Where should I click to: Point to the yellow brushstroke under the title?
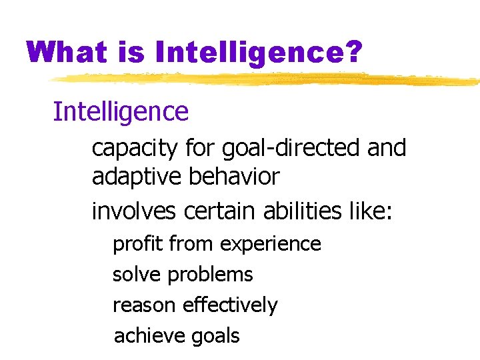tap(267, 80)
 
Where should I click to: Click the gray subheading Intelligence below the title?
tap(121, 111)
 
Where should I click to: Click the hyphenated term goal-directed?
tap(274, 147)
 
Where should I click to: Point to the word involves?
tap(133, 211)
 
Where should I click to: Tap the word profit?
tap(138, 244)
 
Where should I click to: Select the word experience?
tap(271, 245)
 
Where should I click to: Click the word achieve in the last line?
tap(148, 335)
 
